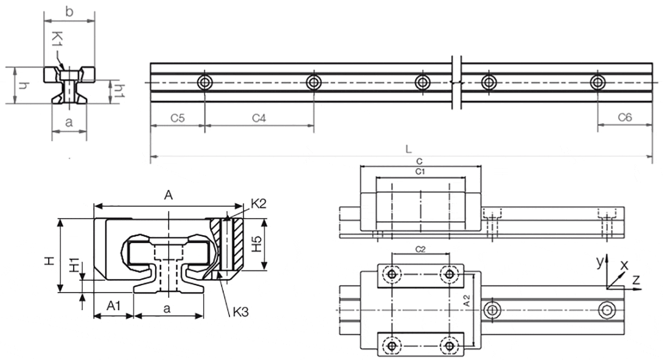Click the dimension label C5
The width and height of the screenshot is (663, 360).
(x=178, y=118)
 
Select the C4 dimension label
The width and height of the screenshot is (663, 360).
(x=259, y=118)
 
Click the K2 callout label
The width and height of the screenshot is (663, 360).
(x=258, y=205)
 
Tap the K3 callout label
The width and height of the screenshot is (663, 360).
(x=239, y=311)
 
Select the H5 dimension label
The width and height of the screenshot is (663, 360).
(x=257, y=244)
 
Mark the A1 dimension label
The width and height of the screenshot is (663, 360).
(x=114, y=306)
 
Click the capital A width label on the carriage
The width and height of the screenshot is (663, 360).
(x=168, y=195)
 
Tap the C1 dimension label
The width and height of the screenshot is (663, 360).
(x=420, y=170)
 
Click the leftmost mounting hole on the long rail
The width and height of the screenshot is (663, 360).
(x=205, y=83)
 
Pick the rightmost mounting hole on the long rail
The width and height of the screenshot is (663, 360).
(x=596, y=83)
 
